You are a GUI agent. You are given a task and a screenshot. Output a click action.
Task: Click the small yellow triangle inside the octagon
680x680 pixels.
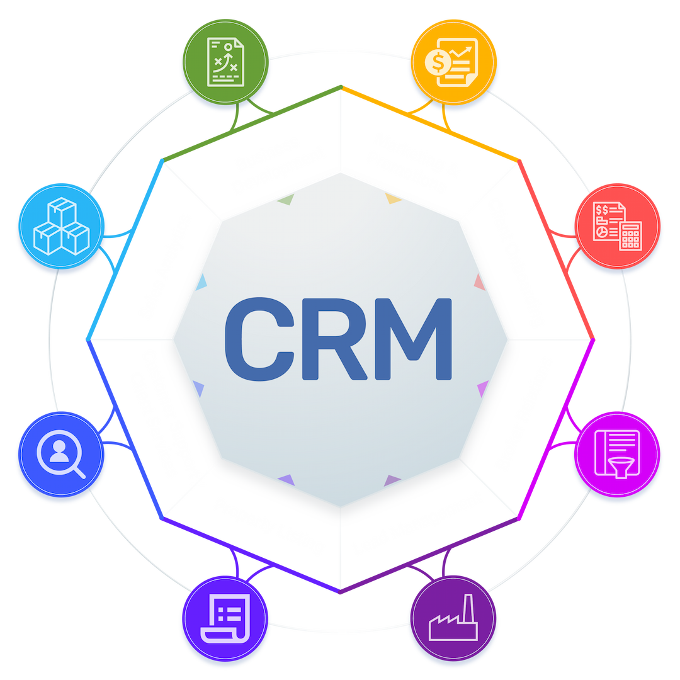pyautogui.click(x=393, y=200)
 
